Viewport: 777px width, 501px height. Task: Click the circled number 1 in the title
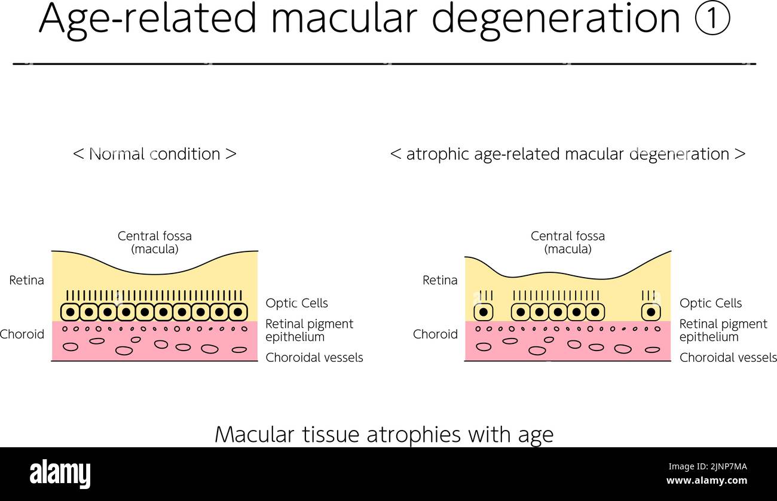[x=712, y=19]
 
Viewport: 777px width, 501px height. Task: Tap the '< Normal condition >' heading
[x=155, y=153]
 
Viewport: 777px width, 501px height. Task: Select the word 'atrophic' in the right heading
[x=438, y=153]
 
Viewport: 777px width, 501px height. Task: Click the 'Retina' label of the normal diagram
[x=26, y=280]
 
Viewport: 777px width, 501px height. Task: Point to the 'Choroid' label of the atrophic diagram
[x=435, y=334]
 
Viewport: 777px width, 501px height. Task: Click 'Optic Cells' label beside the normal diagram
[x=296, y=303]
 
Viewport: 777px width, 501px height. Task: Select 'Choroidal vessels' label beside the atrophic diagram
[x=727, y=358]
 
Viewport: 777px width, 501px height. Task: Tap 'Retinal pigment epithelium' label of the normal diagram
[x=309, y=330]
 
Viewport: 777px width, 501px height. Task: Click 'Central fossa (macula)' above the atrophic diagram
[x=568, y=242]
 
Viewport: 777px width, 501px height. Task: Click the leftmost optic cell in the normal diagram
[x=71, y=312]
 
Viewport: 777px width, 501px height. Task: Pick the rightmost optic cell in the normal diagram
[x=237, y=312]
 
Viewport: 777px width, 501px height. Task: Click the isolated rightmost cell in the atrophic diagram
[x=651, y=312]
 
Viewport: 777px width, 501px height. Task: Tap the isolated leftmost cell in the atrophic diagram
[x=483, y=312]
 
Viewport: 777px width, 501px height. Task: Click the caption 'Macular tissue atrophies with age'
[x=384, y=434]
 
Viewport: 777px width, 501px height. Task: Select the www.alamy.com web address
[x=706, y=481]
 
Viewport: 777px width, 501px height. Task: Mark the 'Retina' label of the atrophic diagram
[x=440, y=280]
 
